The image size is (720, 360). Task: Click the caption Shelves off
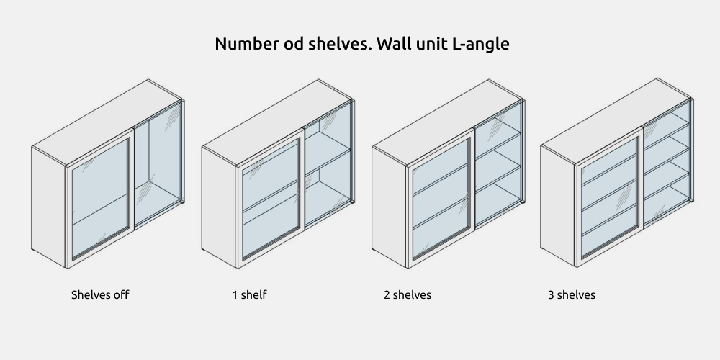pyautogui.click(x=100, y=294)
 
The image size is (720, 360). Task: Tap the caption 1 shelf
pyautogui.click(x=249, y=294)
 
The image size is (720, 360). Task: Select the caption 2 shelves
pyautogui.click(x=408, y=294)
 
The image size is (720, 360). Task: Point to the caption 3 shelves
pyautogui.click(x=571, y=294)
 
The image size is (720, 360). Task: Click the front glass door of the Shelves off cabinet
pyautogui.click(x=100, y=199)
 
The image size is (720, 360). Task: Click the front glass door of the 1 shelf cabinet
pyautogui.click(x=271, y=199)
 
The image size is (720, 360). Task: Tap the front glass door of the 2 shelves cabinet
pyautogui.click(x=441, y=199)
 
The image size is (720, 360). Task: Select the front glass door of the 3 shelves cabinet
pyautogui.click(x=609, y=197)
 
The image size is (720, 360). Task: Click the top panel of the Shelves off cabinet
pyautogui.click(x=107, y=122)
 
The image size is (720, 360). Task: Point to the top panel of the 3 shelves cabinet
pyautogui.click(x=616, y=121)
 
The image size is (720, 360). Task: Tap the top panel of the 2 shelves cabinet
pyautogui.click(x=447, y=122)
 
